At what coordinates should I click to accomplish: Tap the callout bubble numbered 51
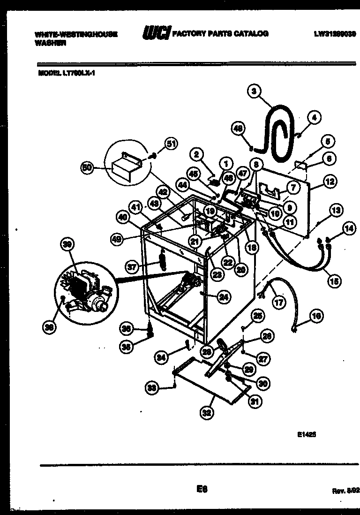click(x=172, y=144)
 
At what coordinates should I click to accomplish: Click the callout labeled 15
click(x=334, y=281)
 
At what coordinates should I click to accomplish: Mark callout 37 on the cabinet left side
click(x=132, y=267)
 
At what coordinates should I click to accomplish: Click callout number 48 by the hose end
click(x=239, y=128)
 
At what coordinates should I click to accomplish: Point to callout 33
click(x=151, y=388)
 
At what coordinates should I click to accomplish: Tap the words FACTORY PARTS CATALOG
click(x=220, y=34)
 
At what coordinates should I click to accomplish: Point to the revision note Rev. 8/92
click(x=345, y=491)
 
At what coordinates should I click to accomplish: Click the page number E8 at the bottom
click(x=202, y=489)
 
